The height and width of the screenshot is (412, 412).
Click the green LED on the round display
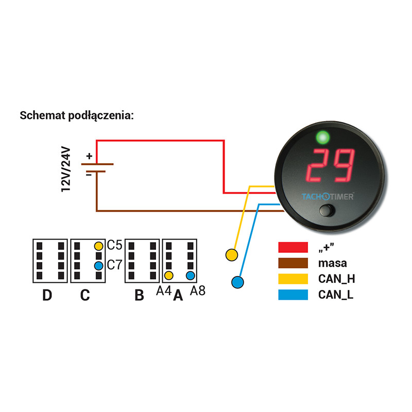323,137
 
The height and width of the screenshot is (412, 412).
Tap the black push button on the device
327,210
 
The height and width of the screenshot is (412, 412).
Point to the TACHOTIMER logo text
328,197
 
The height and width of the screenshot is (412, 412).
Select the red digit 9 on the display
341,165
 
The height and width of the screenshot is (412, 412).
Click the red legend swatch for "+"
293,247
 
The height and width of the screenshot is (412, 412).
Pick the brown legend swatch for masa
293,263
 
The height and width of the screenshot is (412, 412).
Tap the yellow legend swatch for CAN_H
293,279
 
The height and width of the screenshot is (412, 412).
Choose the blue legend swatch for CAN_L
293,295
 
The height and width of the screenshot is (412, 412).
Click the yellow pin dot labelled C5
98,246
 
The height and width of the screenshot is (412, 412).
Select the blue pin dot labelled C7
98,266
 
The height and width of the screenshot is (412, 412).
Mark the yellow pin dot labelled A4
169,276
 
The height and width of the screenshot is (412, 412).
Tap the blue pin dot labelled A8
190,276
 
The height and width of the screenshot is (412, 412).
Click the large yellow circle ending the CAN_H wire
232,255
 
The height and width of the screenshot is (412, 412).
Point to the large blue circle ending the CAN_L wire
237,282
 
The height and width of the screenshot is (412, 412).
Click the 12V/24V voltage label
66,169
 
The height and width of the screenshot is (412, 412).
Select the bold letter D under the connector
47,295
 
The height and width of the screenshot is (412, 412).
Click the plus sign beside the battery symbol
89,157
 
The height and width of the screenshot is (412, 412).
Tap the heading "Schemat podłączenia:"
77,115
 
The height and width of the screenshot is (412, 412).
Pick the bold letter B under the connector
139,295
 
